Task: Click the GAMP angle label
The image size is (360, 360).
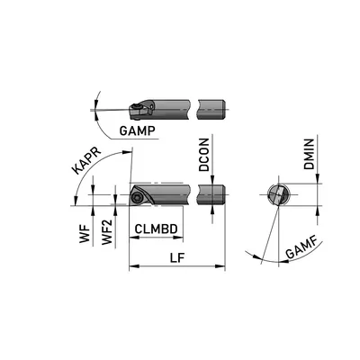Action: (137, 130)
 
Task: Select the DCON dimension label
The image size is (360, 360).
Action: (204, 155)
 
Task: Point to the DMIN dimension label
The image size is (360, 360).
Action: (309, 154)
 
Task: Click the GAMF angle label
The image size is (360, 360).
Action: (301, 249)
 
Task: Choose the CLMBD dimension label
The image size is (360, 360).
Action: (156, 229)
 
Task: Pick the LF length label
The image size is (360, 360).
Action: (177, 257)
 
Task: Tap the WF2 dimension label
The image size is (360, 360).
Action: (107, 232)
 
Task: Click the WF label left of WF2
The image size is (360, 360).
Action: (85, 233)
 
